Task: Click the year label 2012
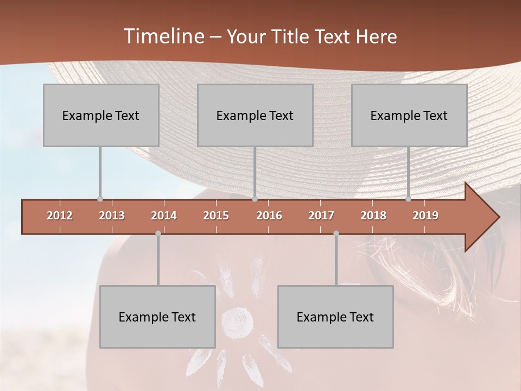coord(60,216)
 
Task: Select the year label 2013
coord(112,216)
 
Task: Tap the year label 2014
coord(164,216)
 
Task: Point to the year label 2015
coord(216,216)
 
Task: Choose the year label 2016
coord(269,216)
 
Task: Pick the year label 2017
coord(321,216)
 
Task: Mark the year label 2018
coord(373,216)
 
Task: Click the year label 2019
coord(425,216)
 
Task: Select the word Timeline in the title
coord(163,36)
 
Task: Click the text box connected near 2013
coord(101,115)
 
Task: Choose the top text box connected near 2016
coord(255,115)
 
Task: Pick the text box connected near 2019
coord(409,115)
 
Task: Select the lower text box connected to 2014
coord(157,317)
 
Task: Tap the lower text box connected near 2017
coord(335,317)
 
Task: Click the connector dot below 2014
coord(158,234)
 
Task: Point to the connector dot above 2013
coord(100,199)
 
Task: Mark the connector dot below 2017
coord(336,234)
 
